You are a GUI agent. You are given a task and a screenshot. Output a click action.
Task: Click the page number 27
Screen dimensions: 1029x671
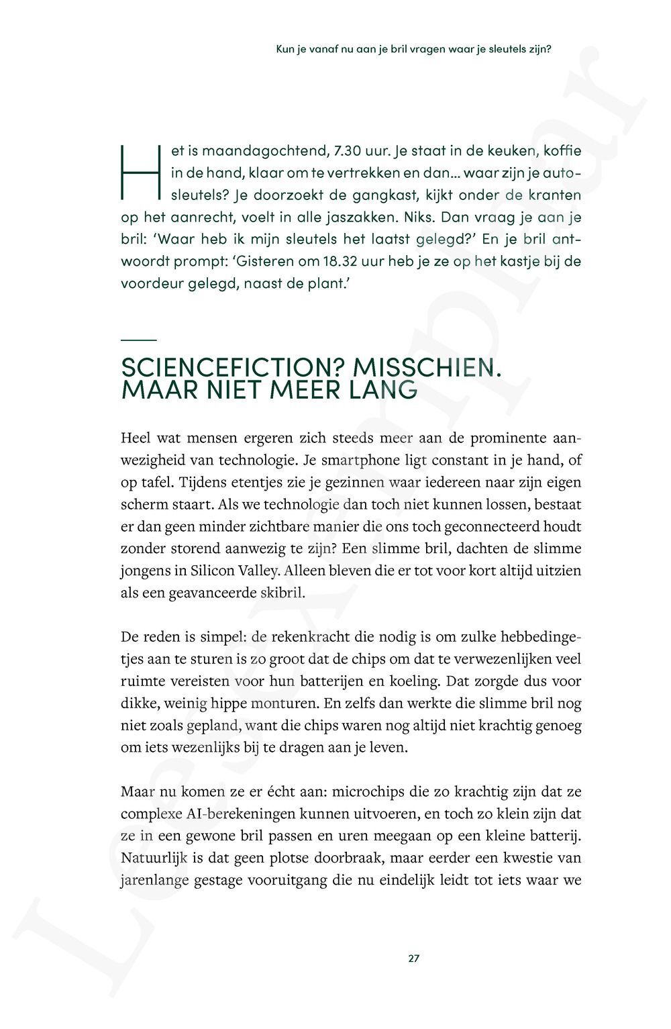point(413,959)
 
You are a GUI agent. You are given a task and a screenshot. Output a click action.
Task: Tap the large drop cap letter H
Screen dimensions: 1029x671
point(139,172)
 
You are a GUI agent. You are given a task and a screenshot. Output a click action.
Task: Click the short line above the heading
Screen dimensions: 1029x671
point(138,340)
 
